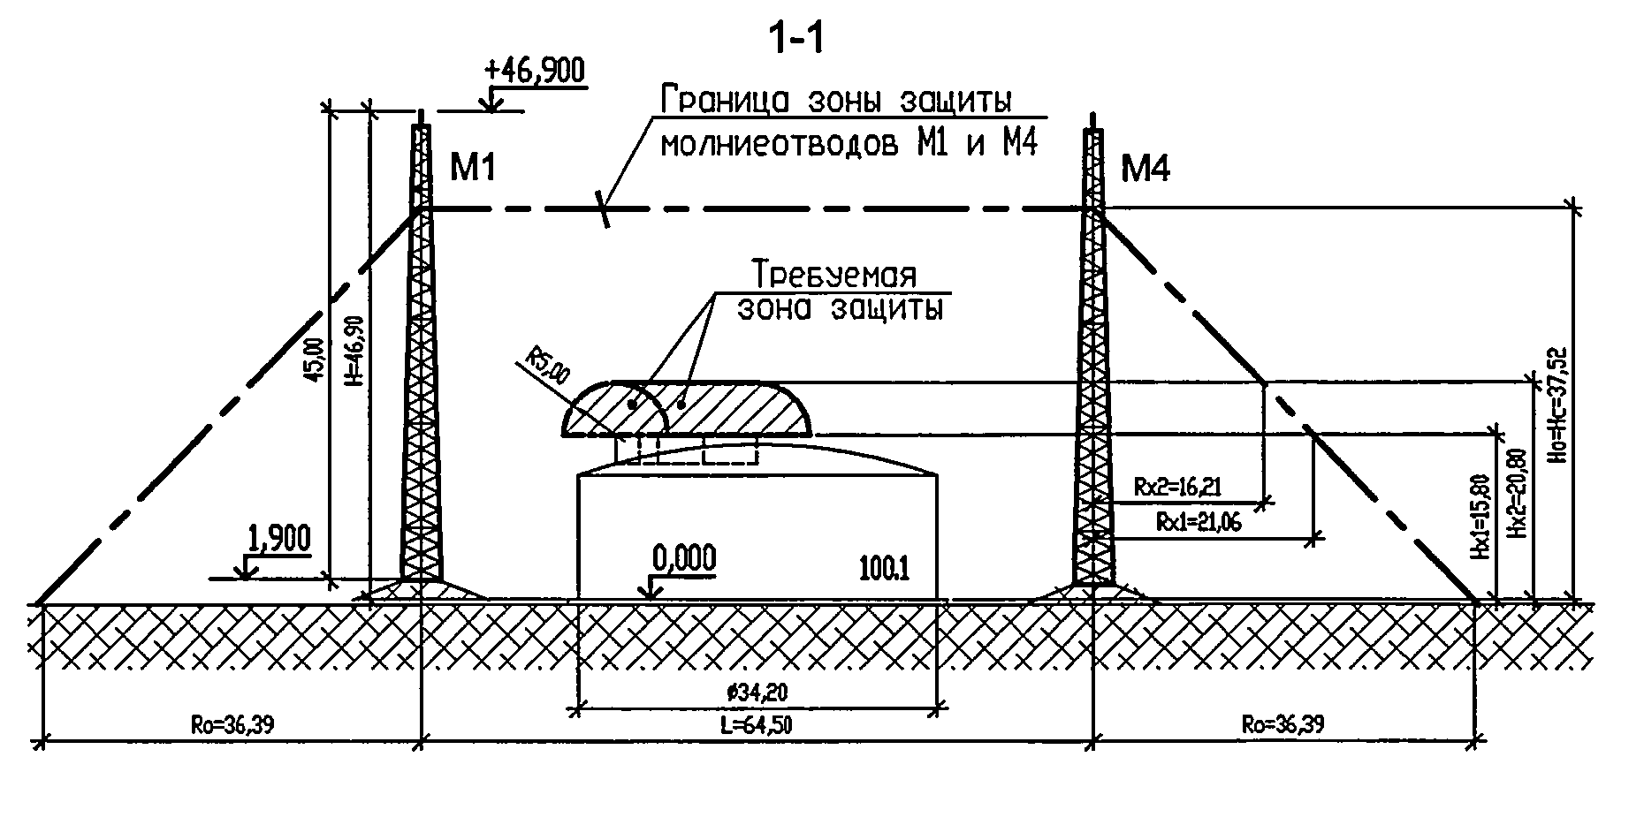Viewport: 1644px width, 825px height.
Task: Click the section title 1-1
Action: click(x=796, y=40)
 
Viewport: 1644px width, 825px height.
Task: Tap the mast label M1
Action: click(x=472, y=167)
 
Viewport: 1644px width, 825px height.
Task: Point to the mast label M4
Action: click(x=1145, y=167)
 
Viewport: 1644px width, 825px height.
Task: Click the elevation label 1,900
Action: click(x=281, y=537)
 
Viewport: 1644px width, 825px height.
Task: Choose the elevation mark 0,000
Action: click(x=684, y=558)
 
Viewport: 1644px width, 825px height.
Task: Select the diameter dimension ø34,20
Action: click(x=757, y=693)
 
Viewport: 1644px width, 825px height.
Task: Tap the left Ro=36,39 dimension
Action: click(x=232, y=726)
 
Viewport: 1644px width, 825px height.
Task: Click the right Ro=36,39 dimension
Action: click(x=1282, y=726)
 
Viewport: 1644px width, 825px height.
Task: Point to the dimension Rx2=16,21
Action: click(x=1176, y=487)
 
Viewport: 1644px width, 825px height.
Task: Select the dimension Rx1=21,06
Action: click(x=1199, y=523)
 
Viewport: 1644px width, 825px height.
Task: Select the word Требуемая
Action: click(x=833, y=274)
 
